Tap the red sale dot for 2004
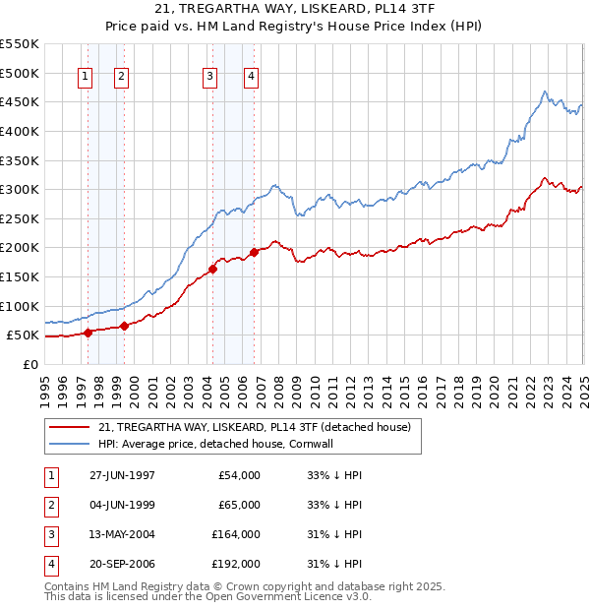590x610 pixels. (212, 269)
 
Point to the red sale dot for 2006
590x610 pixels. (255, 252)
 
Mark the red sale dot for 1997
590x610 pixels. (88, 333)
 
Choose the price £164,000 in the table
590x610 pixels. (236, 534)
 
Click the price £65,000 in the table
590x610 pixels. (240, 506)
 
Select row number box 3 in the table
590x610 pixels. (51, 534)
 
